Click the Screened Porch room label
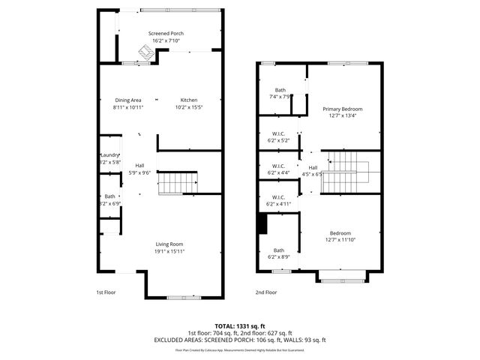(166, 34)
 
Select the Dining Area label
(128, 100)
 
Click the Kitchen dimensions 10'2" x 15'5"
(188, 107)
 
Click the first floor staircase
(180, 182)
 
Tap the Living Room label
(169, 244)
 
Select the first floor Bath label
(109, 196)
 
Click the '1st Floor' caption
(106, 292)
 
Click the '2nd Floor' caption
(265, 292)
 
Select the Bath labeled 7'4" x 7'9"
(280, 90)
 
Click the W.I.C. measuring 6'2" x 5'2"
(277, 136)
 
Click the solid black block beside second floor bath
(262, 223)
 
